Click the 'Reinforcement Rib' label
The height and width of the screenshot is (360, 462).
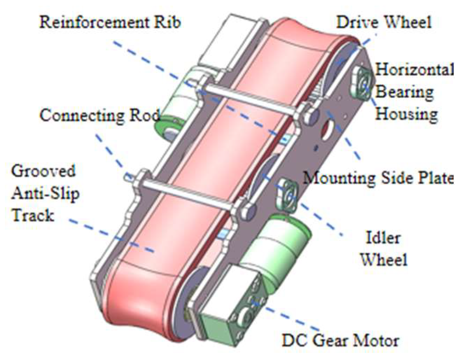pos(110,22)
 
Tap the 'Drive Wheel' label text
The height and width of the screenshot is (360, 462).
pos(384,22)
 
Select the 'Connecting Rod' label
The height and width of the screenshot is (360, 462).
pos(100,115)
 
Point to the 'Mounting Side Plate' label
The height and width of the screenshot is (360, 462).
pos(378,178)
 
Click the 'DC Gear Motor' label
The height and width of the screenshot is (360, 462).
pos(340,340)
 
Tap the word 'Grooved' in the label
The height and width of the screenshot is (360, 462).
pos(43,171)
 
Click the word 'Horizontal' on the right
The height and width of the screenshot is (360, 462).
pos(414,70)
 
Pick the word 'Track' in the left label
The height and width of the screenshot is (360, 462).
pos(33,215)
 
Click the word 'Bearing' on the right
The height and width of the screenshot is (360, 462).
pos(405,92)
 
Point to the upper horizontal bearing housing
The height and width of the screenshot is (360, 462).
pos(363,83)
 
